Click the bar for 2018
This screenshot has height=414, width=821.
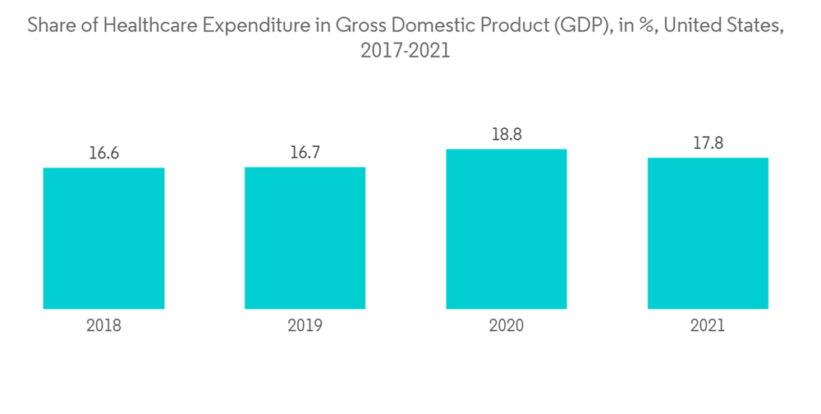103,238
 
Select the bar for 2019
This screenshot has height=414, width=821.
305,238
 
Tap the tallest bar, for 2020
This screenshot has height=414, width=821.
506,229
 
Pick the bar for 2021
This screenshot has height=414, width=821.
708,233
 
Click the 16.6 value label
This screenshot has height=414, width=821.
103,153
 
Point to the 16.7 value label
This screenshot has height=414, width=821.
305,152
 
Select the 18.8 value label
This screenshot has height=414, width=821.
506,134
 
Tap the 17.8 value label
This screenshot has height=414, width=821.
708,143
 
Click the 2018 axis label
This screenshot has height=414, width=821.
103,325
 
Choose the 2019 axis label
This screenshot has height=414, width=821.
305,325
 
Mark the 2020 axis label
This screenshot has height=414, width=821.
506,325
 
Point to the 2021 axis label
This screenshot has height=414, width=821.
708,325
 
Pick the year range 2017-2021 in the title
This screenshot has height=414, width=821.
406,51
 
